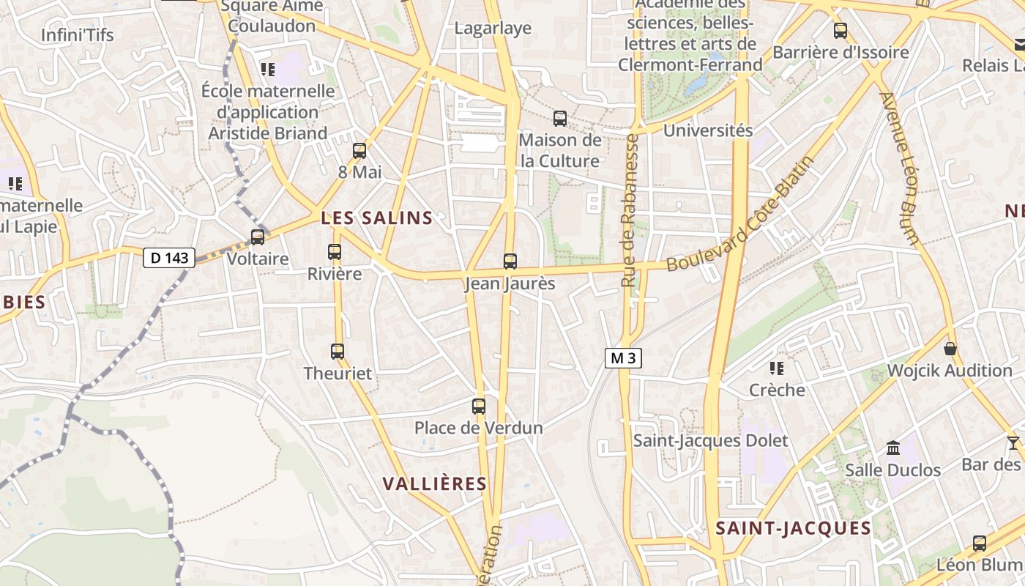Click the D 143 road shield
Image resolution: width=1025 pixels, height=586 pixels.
tap(169, 258)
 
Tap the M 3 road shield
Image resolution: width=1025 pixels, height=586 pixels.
tap(623, 358)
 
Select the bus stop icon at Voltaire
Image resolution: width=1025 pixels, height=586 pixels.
tap(258, 237)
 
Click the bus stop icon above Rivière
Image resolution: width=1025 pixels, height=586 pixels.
tap(335, 252)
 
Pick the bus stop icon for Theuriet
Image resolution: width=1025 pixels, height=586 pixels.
tap(338, 352)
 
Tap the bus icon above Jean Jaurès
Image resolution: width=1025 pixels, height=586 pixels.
tap(510, 262)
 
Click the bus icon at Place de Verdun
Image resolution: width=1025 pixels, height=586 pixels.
tap(479, 407)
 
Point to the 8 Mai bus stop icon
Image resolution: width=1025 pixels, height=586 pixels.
tap(359, 151)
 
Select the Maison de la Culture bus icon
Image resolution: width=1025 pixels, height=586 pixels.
tap(560, 118)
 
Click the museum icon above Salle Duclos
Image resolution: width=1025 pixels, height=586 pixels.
tap(893, 448)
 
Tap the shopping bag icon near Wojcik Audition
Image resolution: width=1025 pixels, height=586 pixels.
tap(950, 349)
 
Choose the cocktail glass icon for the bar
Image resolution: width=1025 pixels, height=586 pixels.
tap(1013, 442)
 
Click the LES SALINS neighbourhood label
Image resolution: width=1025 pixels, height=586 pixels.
tap(377, 218)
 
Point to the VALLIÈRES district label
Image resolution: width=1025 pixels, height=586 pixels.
tap(435, 483)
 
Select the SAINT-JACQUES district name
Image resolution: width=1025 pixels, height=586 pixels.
tap(794, 528)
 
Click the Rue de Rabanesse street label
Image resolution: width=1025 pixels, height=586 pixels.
tap(630, 209)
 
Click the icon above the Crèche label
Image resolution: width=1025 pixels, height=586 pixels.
tap(777, 368)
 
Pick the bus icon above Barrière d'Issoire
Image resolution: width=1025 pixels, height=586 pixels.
tap(840, 31)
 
